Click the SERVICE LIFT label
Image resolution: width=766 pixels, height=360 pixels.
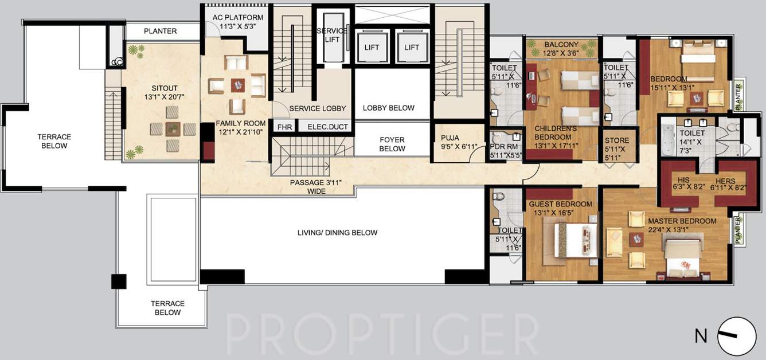point(333,34)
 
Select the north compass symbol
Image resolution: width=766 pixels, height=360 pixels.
point(736,336)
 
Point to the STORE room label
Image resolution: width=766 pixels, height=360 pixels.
point(617,145)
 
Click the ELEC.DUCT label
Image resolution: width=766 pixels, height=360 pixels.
point(327,127)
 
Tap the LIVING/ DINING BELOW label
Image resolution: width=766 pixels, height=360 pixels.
point(337,233)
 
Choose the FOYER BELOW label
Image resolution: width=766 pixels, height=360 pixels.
point(392,144)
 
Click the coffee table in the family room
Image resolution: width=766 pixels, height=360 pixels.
point(237,85)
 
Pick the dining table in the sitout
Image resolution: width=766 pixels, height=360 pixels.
point(173,129)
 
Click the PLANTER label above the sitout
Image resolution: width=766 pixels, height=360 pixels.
point(160,31)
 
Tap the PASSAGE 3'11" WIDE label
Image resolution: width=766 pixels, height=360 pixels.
point(316,187)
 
